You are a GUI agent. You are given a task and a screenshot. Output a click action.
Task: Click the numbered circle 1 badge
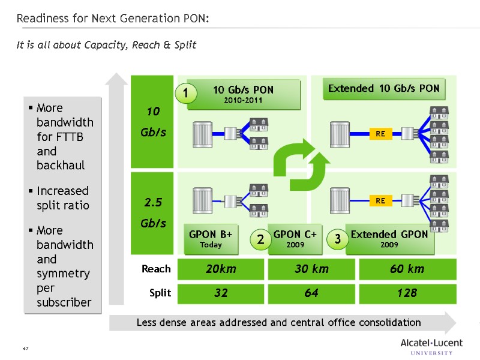[186, 94]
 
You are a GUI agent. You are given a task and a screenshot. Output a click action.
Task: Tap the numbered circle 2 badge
[260, 240]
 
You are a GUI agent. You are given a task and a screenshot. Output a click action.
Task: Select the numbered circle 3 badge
[337, 239]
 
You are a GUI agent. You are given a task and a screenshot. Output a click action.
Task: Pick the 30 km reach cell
[311, 269]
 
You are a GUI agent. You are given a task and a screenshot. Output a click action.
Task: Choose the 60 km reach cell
[407, 269]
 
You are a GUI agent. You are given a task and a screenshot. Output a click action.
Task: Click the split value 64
[311, 293]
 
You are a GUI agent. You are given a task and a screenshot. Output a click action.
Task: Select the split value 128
[407, 293]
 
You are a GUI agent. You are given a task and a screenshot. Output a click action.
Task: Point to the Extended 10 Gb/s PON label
[384, 89]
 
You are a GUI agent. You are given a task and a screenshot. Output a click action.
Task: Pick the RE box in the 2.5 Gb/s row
[380, 201]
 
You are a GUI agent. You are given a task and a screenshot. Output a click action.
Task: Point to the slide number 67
[26, 349]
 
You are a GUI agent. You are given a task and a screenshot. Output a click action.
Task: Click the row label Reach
[156, 269]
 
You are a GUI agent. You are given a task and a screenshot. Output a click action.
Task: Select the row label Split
[160, 293]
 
